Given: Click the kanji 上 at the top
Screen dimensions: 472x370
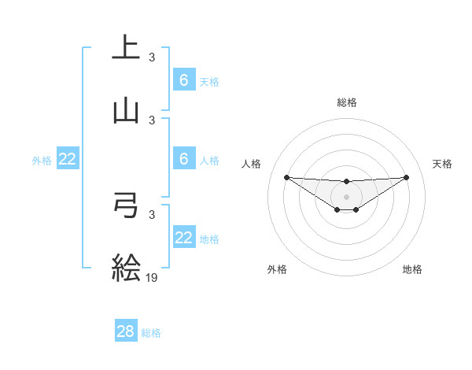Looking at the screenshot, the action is point(126,47).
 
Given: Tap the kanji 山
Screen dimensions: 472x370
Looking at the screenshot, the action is point(126,111).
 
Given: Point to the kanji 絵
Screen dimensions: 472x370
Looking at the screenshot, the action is point(126,267).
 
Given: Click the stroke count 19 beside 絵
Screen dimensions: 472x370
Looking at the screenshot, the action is point(153,277).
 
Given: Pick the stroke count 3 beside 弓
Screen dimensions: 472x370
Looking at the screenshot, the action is point(152,214).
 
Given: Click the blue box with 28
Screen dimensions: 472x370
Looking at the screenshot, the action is point(126,331).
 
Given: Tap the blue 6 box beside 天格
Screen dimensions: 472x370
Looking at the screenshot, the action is point(184,80).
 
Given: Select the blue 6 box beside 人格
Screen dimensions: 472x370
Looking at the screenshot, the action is point(184,159).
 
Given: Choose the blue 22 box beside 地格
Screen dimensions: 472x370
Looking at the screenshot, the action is point(184,238).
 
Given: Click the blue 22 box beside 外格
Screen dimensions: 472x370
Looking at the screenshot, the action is point(68,159).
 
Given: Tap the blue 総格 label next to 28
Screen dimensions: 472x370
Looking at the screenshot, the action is point(151,333).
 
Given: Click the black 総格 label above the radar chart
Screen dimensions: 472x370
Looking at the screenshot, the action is point(347,102).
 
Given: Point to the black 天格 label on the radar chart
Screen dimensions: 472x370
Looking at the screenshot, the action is point(442,164).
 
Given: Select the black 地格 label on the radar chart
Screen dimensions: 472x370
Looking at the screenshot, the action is point(412,269).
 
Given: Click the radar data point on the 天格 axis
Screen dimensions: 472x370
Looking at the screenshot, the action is point(406,177).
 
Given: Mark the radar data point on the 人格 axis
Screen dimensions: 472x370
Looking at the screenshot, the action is point(286,177).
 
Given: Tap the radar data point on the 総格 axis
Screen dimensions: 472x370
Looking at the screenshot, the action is point(346,182).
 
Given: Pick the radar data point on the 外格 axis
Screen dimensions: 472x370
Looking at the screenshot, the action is point(337,209).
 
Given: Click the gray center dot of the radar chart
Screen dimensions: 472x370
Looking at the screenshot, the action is point(346,196).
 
